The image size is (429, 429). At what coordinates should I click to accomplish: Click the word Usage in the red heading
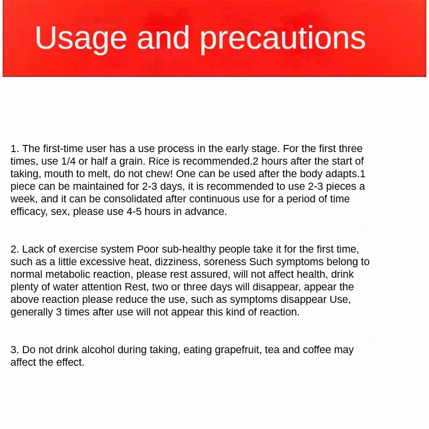tap(81, 39)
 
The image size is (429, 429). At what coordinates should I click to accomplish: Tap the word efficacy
tap(28, 212)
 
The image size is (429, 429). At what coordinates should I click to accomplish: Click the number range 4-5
tap(136, 212)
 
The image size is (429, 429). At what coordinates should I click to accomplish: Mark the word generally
tap(31, 312)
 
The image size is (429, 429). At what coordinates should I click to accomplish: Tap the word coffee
tap(317, 350)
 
